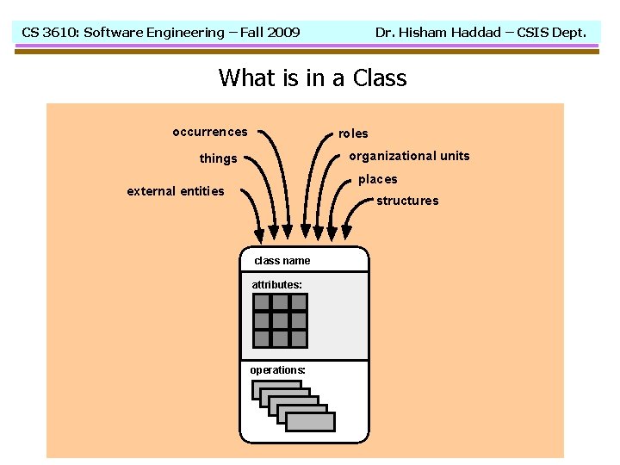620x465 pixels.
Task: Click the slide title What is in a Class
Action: [x=312, y=78]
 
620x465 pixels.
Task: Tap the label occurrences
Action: [x=209, y=132]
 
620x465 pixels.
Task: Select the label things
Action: [x=218, y=158]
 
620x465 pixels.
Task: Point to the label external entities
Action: [x=175, y=191]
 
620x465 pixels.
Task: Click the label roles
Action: [x=353, y=133]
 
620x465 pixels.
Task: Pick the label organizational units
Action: [x=409, y=156]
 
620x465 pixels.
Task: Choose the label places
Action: [x=378, y=179]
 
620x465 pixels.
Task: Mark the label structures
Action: [x=407, y=201]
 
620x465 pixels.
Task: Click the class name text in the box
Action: [x=282, y=261]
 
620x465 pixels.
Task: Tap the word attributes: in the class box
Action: [x=276, y=284]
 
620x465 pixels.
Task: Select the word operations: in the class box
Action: [x=277, y=369]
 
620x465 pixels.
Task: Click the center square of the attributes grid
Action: [x=280, y=320]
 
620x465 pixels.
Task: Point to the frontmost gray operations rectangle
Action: [x=310, y=421]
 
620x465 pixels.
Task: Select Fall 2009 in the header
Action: [x=270, y=33]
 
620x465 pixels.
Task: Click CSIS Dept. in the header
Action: [x=551, y=33]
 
